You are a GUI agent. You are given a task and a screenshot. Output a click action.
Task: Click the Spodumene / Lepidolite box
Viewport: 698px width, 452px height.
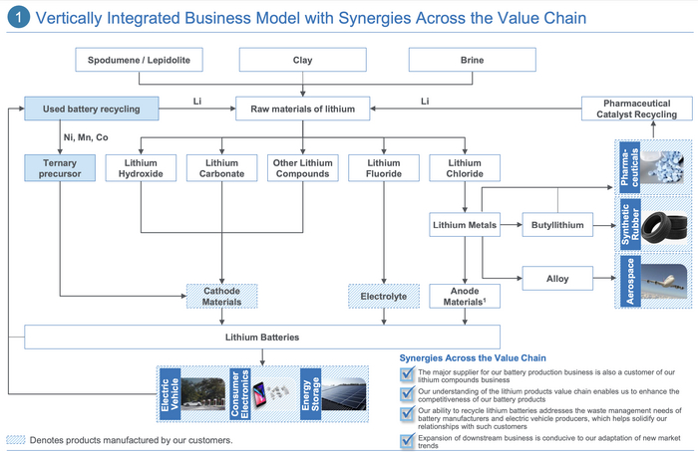pyautogui.click(x=140, y=61)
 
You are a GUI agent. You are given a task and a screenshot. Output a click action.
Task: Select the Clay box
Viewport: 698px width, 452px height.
pyautogui.click(x=302, y=61)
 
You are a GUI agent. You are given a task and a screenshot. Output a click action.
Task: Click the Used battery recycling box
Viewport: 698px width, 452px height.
pyautogui.click(x=91, y=108)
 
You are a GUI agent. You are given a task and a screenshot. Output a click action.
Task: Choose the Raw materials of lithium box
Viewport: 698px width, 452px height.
pyautogui.click(x=302, y=108)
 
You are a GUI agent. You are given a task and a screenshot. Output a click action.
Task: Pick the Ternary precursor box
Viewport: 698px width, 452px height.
pyautogui.click(x=61, y=168)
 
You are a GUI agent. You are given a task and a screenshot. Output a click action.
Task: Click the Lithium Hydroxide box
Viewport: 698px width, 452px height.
pyautogui.click(x=141, y=168)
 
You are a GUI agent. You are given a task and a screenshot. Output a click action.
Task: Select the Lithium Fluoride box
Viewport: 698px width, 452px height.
pyautogui.click(x=384, y=168)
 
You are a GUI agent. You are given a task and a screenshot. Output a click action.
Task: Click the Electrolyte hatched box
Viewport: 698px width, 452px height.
pyautogui.click(x=384, y=296)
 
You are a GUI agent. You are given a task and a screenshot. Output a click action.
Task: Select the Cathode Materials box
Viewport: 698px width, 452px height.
pyautogui.click(x=222, y=296)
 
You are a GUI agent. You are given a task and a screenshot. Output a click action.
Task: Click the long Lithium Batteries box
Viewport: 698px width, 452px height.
pyautogui.click(x=261, y=337)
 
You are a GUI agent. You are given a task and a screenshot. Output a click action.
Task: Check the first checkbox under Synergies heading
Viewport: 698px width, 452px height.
pyautogui.click(x=406, y=373)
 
